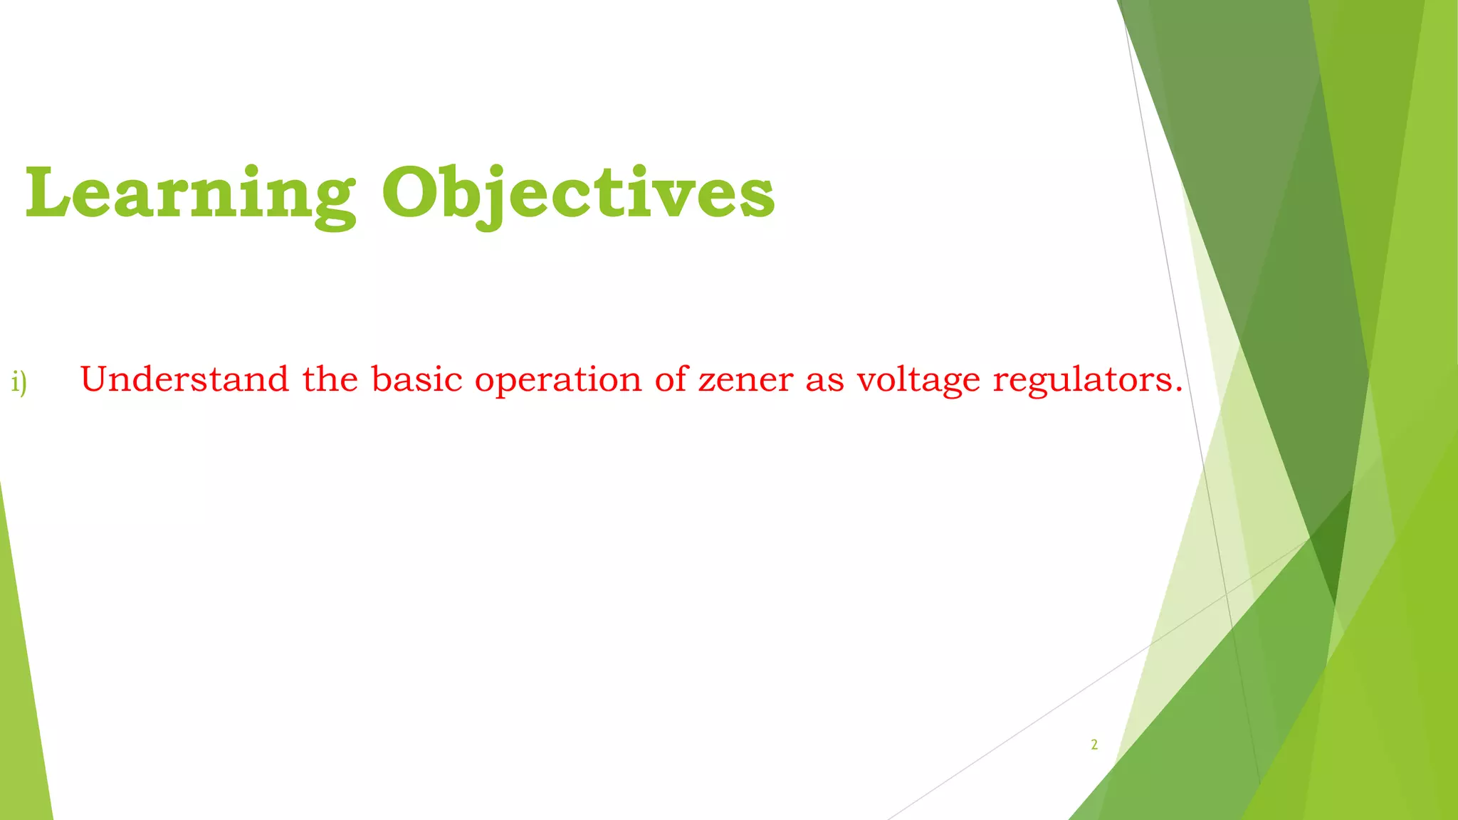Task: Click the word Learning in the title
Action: click(x=190, y=194)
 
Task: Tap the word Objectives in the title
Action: click(x=578, y=194)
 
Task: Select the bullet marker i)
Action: click(x=19, y=382)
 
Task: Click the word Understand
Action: click(x=184, y=379)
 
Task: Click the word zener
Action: click(x=745, y=380)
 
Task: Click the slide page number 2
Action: click(x=1094, y=745)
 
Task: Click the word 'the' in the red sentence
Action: click(x=330, y=379)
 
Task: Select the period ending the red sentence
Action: click(x=1178, y=390)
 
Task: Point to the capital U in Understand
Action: click(x=96, y=379)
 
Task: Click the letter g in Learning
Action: click(x=333, y=203)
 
